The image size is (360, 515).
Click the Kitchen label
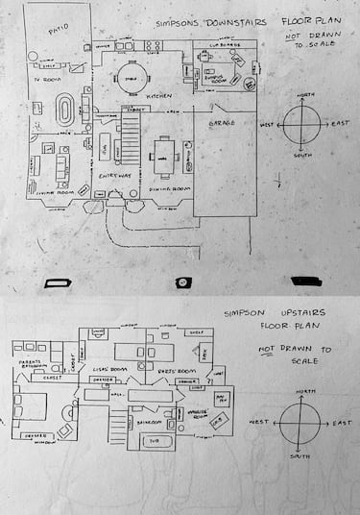tap(158, 97)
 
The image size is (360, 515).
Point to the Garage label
tap(222, 124)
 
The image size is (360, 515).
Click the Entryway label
tap(112, 177)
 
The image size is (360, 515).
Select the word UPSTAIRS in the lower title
tap(299, 312)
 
